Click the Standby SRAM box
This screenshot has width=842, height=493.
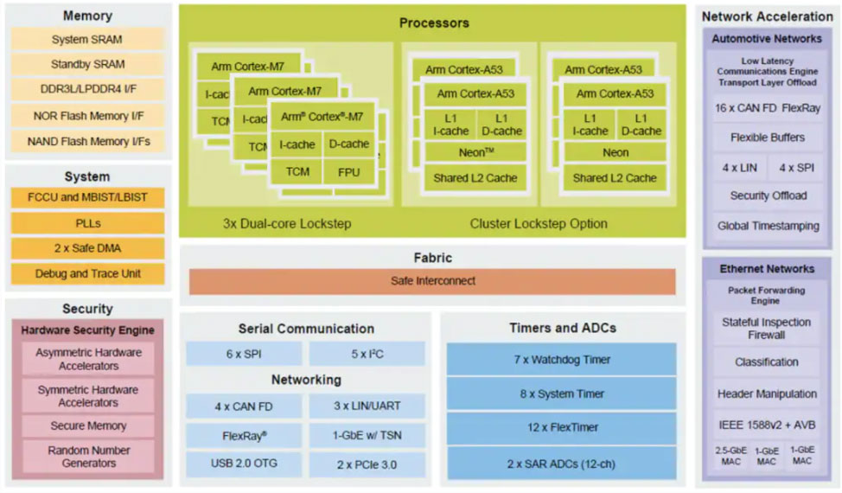87,64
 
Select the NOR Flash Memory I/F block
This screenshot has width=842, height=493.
87,115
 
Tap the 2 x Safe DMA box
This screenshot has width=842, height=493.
87,248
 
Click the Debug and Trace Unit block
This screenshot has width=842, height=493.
87,273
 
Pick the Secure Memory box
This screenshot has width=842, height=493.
87,426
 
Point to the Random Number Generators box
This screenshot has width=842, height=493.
87,457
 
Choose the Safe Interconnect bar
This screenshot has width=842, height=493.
431,281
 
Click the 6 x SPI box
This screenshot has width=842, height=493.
244,354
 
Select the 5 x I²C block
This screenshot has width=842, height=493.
367,354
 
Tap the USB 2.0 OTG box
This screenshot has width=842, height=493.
244,464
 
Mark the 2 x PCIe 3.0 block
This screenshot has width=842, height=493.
367,464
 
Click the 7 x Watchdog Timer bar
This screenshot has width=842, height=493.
561,359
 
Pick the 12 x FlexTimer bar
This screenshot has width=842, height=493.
561,427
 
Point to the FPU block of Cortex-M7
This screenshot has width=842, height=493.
348,171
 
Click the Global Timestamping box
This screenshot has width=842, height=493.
768,226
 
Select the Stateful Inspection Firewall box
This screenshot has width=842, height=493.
766,328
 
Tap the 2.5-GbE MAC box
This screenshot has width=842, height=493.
730,456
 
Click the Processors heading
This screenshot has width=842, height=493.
433,22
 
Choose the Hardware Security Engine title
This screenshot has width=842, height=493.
87,330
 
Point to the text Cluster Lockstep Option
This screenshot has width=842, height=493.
539,223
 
